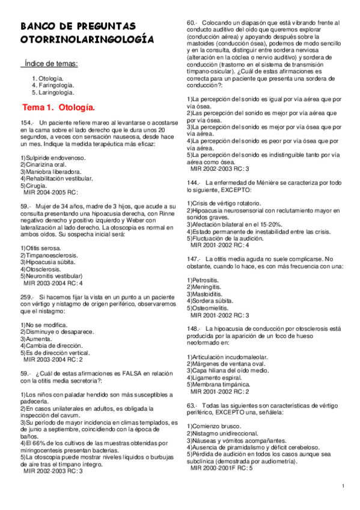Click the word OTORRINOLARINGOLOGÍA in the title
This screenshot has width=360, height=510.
(x=87, y=40)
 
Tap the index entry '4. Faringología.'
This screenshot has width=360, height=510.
(x=54, y=85)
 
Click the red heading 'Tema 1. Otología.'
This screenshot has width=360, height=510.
(x=59, y=108)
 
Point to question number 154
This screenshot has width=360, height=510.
(x=26, y=122)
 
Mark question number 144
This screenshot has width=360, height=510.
(x=194, y=182)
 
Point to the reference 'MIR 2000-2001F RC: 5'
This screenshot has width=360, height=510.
(x=222, y=468)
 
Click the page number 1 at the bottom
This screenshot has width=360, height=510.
(x=342, y=486)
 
